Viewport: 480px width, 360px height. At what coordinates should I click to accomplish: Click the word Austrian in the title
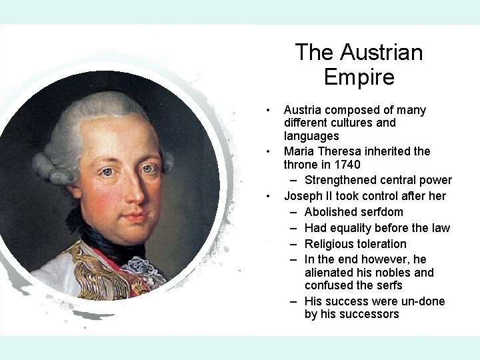[382, 52]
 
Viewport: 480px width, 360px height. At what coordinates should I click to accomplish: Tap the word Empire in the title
[359, 77]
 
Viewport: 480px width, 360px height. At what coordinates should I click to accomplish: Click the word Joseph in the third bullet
[303, 196]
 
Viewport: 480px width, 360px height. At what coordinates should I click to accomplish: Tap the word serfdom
[381, 212]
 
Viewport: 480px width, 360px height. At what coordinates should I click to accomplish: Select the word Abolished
[329, 212]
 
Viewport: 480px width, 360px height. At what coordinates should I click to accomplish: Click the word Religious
[330, 244]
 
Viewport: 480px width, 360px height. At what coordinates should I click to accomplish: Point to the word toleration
[383, 244]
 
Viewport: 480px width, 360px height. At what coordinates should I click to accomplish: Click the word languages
[311, 136]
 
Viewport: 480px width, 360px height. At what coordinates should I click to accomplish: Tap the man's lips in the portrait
[137, 217]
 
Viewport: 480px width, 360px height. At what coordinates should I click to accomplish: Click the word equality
[352, 228]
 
